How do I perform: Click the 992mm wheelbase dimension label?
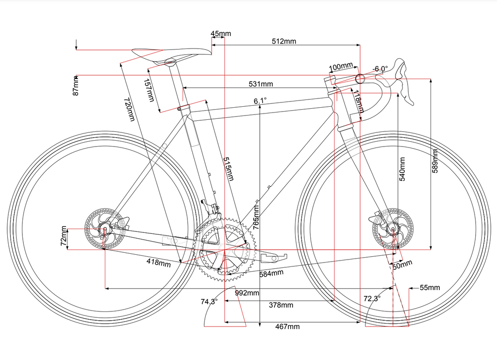247,293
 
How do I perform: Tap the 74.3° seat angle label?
209,301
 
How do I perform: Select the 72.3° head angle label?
372,298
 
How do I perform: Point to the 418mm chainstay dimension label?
159,262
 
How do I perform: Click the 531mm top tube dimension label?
261,84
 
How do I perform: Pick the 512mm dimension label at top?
284,41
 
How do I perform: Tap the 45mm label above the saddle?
221,33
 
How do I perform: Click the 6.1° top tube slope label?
260,101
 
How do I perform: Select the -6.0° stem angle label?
380,69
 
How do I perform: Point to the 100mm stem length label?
341,67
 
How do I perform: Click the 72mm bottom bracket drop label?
64,236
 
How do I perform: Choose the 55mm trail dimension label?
430,287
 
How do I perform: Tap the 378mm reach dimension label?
281,305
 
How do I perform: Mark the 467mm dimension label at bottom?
287,327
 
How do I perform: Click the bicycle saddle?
171,54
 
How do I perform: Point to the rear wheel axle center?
105,229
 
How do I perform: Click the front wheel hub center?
393,229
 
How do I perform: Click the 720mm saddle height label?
129,109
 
